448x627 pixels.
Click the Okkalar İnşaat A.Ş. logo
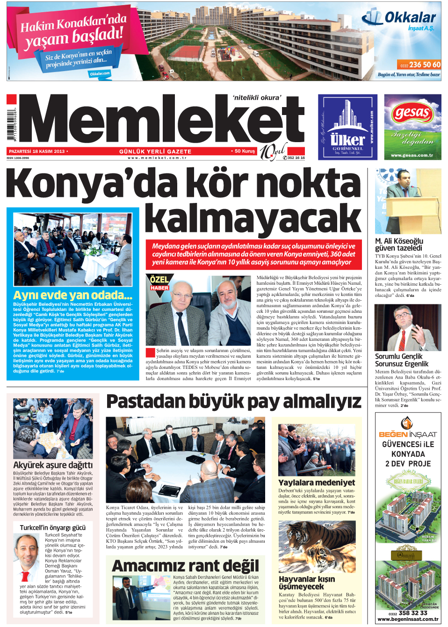(399, 20)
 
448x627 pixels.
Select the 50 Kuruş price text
(245, 151)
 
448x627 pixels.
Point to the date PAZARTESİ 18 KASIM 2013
(36, 151)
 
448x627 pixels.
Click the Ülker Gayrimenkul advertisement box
(347, 127)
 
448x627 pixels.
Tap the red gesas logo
(412, 113)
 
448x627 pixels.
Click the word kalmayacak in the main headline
(253, 218)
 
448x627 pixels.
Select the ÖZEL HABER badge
(159, 283)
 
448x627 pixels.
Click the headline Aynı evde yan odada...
(72, 295)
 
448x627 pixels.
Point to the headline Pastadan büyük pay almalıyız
(233, 402)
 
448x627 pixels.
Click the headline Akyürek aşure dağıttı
(53, 465)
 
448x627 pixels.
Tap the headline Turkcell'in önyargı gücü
(52, 527)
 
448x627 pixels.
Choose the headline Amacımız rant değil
(185, 566)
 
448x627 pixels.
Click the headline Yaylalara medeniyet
(317, 483)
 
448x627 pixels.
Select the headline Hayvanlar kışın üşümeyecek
(307, 583)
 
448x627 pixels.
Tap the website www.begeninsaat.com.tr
(408, 619)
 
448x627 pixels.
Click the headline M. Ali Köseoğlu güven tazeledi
(399, 245)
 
